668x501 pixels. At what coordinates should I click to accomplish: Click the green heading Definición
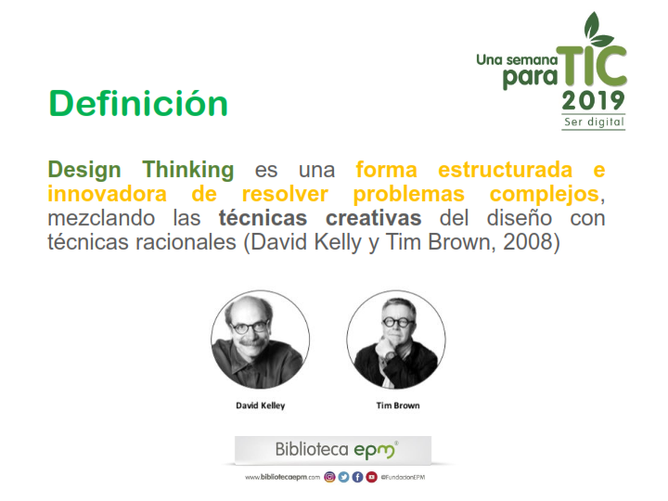pos(138,103)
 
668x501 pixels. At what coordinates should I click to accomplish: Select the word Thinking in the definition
pos(187,170)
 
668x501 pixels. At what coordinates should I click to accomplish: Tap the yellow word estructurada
pos(505,170)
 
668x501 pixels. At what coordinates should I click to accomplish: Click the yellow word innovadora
pos(107,194)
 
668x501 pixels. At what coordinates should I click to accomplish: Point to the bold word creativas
pos(374,218)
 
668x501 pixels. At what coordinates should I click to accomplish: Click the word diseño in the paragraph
pos(520,218)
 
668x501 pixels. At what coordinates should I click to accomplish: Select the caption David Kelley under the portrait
pos(261,405)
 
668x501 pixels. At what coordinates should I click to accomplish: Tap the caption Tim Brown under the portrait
pos(398,405)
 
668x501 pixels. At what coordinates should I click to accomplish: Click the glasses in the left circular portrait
pos(250,328)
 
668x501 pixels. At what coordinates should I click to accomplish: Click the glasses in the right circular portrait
pos(397,322)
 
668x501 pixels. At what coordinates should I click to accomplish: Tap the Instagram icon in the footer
pos(329,477)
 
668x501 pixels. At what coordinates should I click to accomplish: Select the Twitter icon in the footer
pos(343,477)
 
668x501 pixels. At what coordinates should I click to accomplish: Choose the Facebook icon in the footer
pos(357,477)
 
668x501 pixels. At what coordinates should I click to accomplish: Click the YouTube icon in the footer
pos(371,477)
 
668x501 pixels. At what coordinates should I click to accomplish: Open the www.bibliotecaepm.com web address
pos(282,477)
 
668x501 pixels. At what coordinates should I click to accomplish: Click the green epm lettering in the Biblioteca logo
pos(376,451)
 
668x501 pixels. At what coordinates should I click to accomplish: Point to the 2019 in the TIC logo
pos(593,101)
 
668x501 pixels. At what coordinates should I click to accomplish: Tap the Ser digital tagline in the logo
pos(594,122)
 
